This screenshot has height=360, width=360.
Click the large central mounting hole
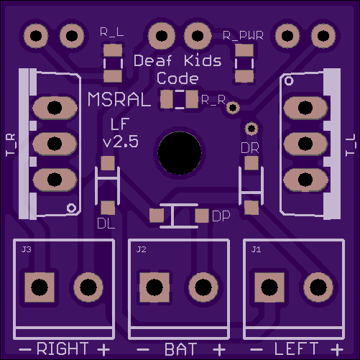180,153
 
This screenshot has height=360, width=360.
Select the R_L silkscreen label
112,32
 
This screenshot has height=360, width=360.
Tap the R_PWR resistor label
243,36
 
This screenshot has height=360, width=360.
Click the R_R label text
213,100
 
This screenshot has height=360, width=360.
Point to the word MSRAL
119,99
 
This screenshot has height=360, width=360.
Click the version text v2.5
121,142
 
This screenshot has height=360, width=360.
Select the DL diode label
106,224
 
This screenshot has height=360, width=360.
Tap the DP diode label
221,216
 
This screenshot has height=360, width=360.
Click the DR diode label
250,148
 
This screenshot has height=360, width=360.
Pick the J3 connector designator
26,249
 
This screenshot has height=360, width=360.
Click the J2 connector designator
141,249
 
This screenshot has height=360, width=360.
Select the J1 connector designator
256,249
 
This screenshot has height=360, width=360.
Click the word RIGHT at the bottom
63,349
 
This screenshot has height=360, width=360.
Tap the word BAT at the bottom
181,349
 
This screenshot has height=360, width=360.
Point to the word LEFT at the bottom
297,349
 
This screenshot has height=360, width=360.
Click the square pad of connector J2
154,287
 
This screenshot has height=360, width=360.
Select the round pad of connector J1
318,287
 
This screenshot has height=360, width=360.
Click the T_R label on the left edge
11,145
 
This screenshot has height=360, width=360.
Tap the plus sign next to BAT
219,350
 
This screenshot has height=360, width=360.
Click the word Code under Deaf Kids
177,78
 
